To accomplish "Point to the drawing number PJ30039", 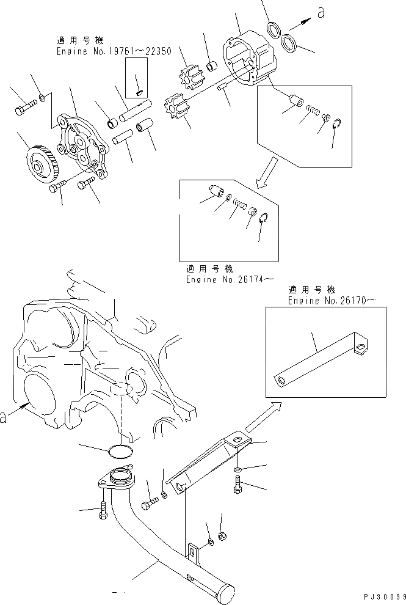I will coord(383,596).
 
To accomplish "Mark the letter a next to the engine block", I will coord(4,417).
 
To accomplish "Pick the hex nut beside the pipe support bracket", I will coord(224,536).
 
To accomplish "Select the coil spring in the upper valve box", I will coord(312,111).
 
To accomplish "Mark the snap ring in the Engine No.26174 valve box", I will coord(263,219).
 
